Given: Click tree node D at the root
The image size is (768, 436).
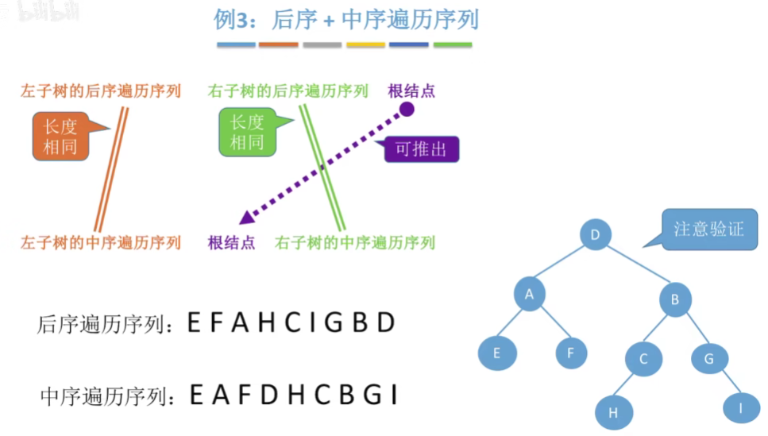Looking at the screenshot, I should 595,235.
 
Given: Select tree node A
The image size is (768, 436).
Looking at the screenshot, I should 530,295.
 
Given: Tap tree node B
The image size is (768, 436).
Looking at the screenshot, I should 674,299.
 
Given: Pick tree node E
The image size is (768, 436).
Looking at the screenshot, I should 497,353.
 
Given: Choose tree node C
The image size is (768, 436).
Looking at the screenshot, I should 643,358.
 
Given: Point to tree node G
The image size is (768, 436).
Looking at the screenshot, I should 708,358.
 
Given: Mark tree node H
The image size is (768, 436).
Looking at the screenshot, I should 612,413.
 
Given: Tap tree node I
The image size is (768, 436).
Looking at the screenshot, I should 740,408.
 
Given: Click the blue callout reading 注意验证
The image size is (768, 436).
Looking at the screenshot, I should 708,230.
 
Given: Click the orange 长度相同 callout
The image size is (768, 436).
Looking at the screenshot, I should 60,135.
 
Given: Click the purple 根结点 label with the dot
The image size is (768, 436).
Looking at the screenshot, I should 411,91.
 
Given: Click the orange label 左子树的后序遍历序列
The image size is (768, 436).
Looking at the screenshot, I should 101,91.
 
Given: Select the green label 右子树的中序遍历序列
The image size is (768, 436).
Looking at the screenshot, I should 355,242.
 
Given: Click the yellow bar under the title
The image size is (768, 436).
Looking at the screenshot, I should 365,44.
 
